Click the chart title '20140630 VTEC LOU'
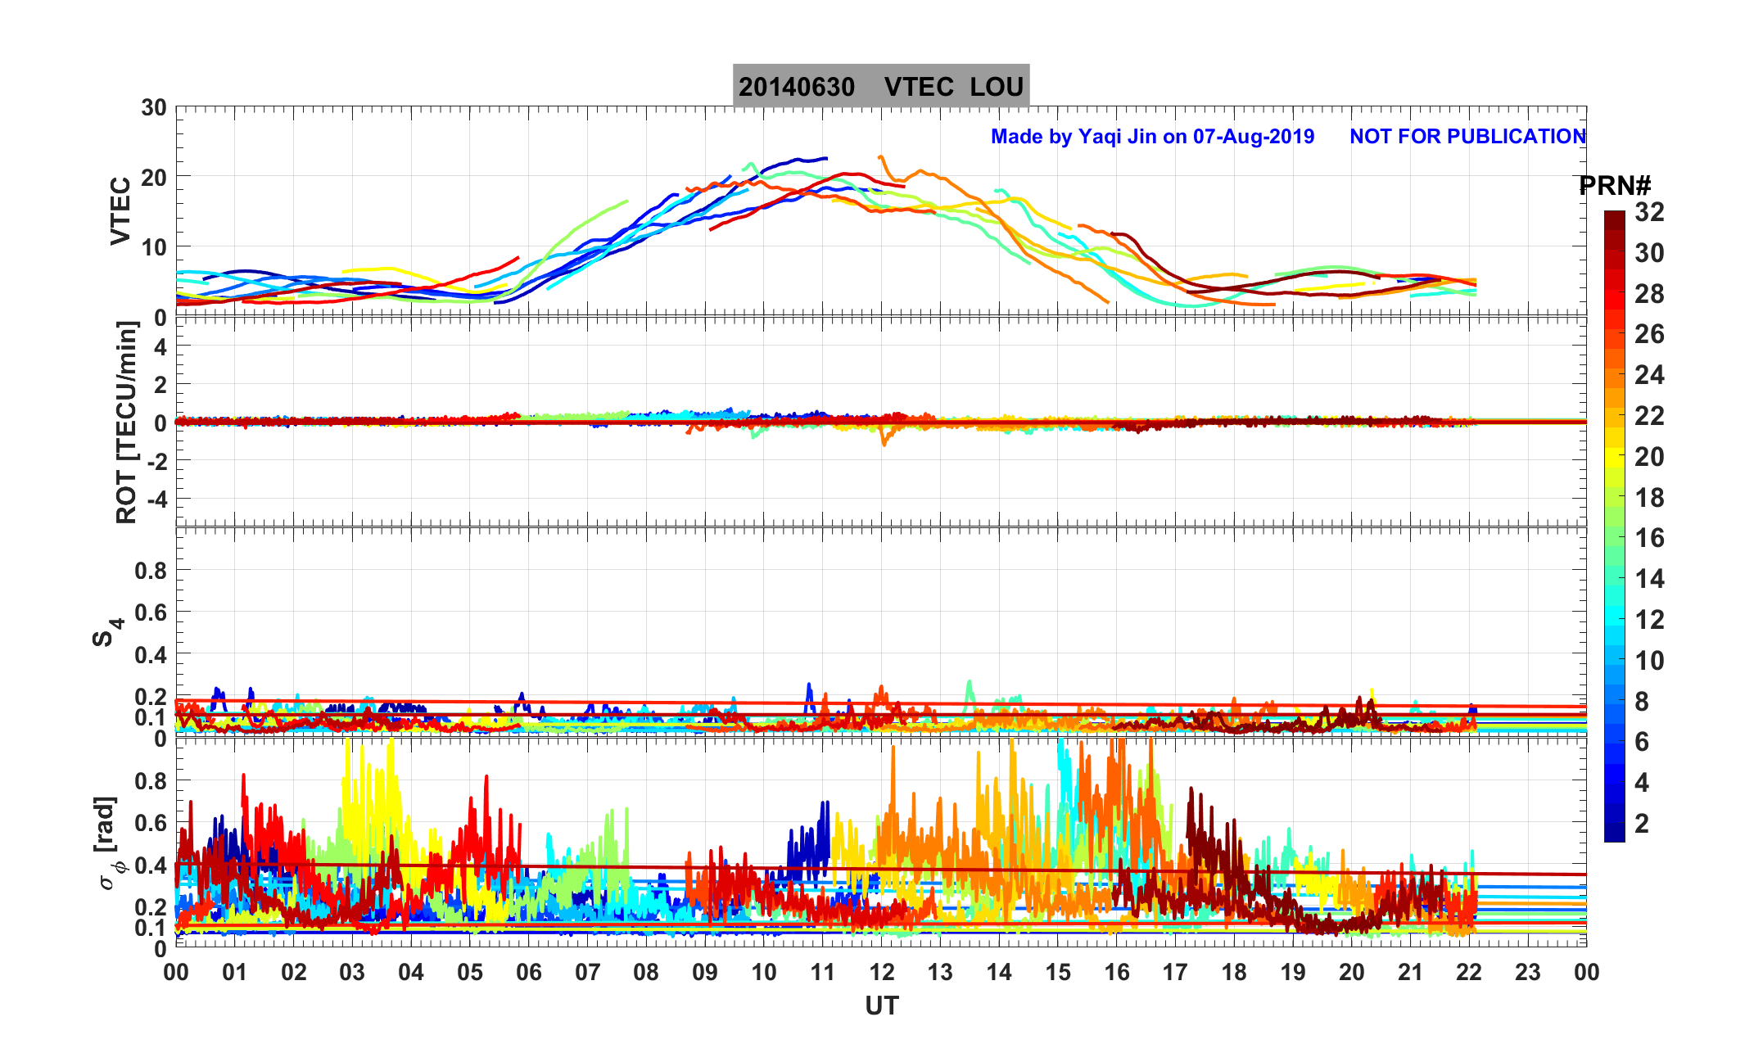880,87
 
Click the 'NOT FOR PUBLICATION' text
1467,136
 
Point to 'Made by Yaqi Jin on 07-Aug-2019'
1152,136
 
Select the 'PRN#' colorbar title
1615,186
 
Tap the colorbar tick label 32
1649,212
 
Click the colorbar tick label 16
1649,538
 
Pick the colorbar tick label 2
1641,823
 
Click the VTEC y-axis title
120,211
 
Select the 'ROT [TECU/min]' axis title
126,422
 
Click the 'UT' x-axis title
881,1006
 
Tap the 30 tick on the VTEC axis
153,108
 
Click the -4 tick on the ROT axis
154,499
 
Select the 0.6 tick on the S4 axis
150,612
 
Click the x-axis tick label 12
881,973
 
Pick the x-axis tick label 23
1527,973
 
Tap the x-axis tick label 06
528,973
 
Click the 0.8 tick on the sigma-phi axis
150,780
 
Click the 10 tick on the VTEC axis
153,247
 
